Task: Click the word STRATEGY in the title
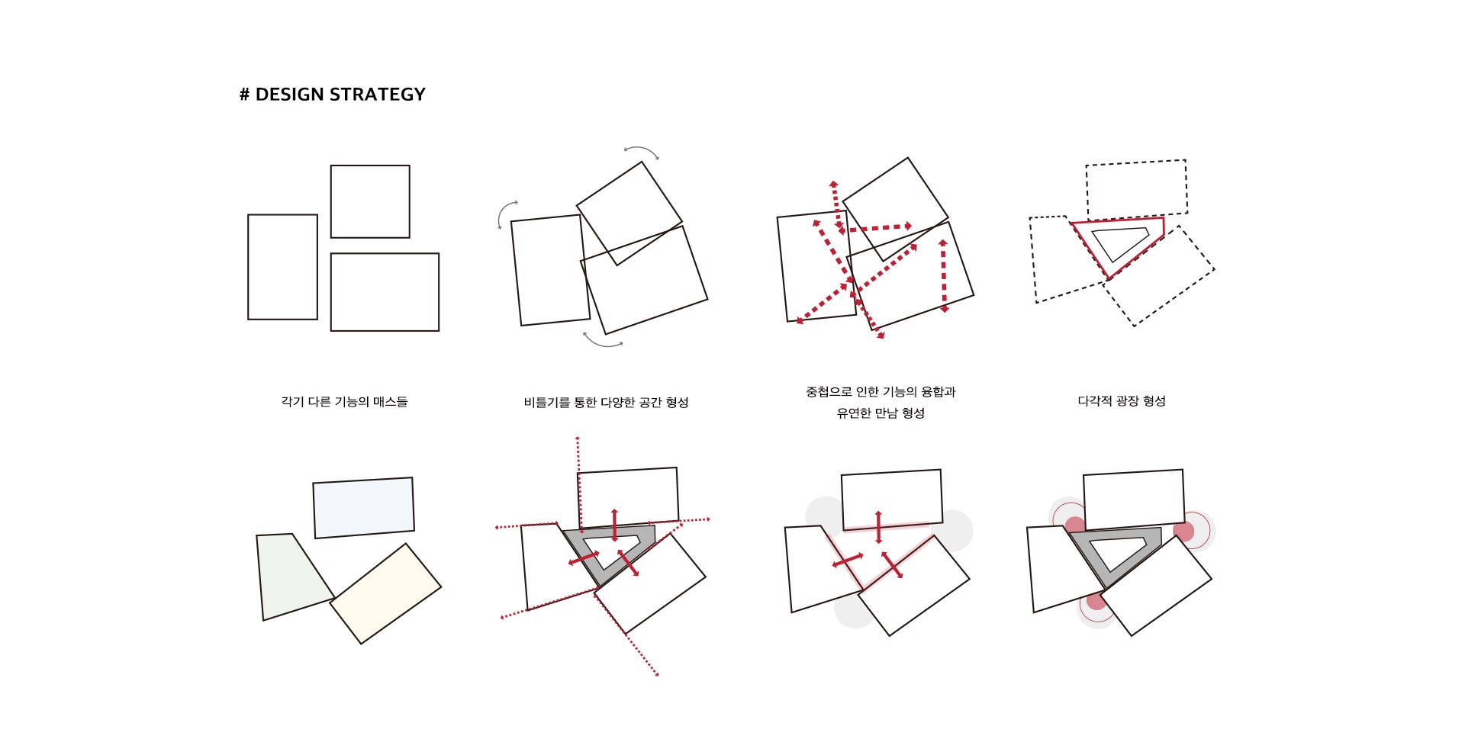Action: coord(378,95)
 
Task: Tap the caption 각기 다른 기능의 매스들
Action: coord(344,402)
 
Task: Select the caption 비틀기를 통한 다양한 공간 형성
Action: coord(606,403)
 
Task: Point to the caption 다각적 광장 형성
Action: coord(1122,401)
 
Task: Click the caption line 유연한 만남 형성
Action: coord(881,413)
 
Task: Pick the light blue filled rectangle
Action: coord(364,508)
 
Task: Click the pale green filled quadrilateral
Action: coord(292,576)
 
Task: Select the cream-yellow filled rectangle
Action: coord(385,593)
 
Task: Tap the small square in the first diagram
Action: coord(370,201)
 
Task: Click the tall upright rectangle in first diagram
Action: coord(282,267)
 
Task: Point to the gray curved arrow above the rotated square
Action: coord(641,149)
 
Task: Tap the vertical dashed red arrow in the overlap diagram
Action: coord(944,276)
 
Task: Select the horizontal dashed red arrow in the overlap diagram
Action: coord(876,228)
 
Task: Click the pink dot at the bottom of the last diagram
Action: coord(1096,602)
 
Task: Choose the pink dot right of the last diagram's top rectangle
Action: coord(1184,532)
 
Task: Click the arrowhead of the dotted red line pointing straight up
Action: coord(578,439)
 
